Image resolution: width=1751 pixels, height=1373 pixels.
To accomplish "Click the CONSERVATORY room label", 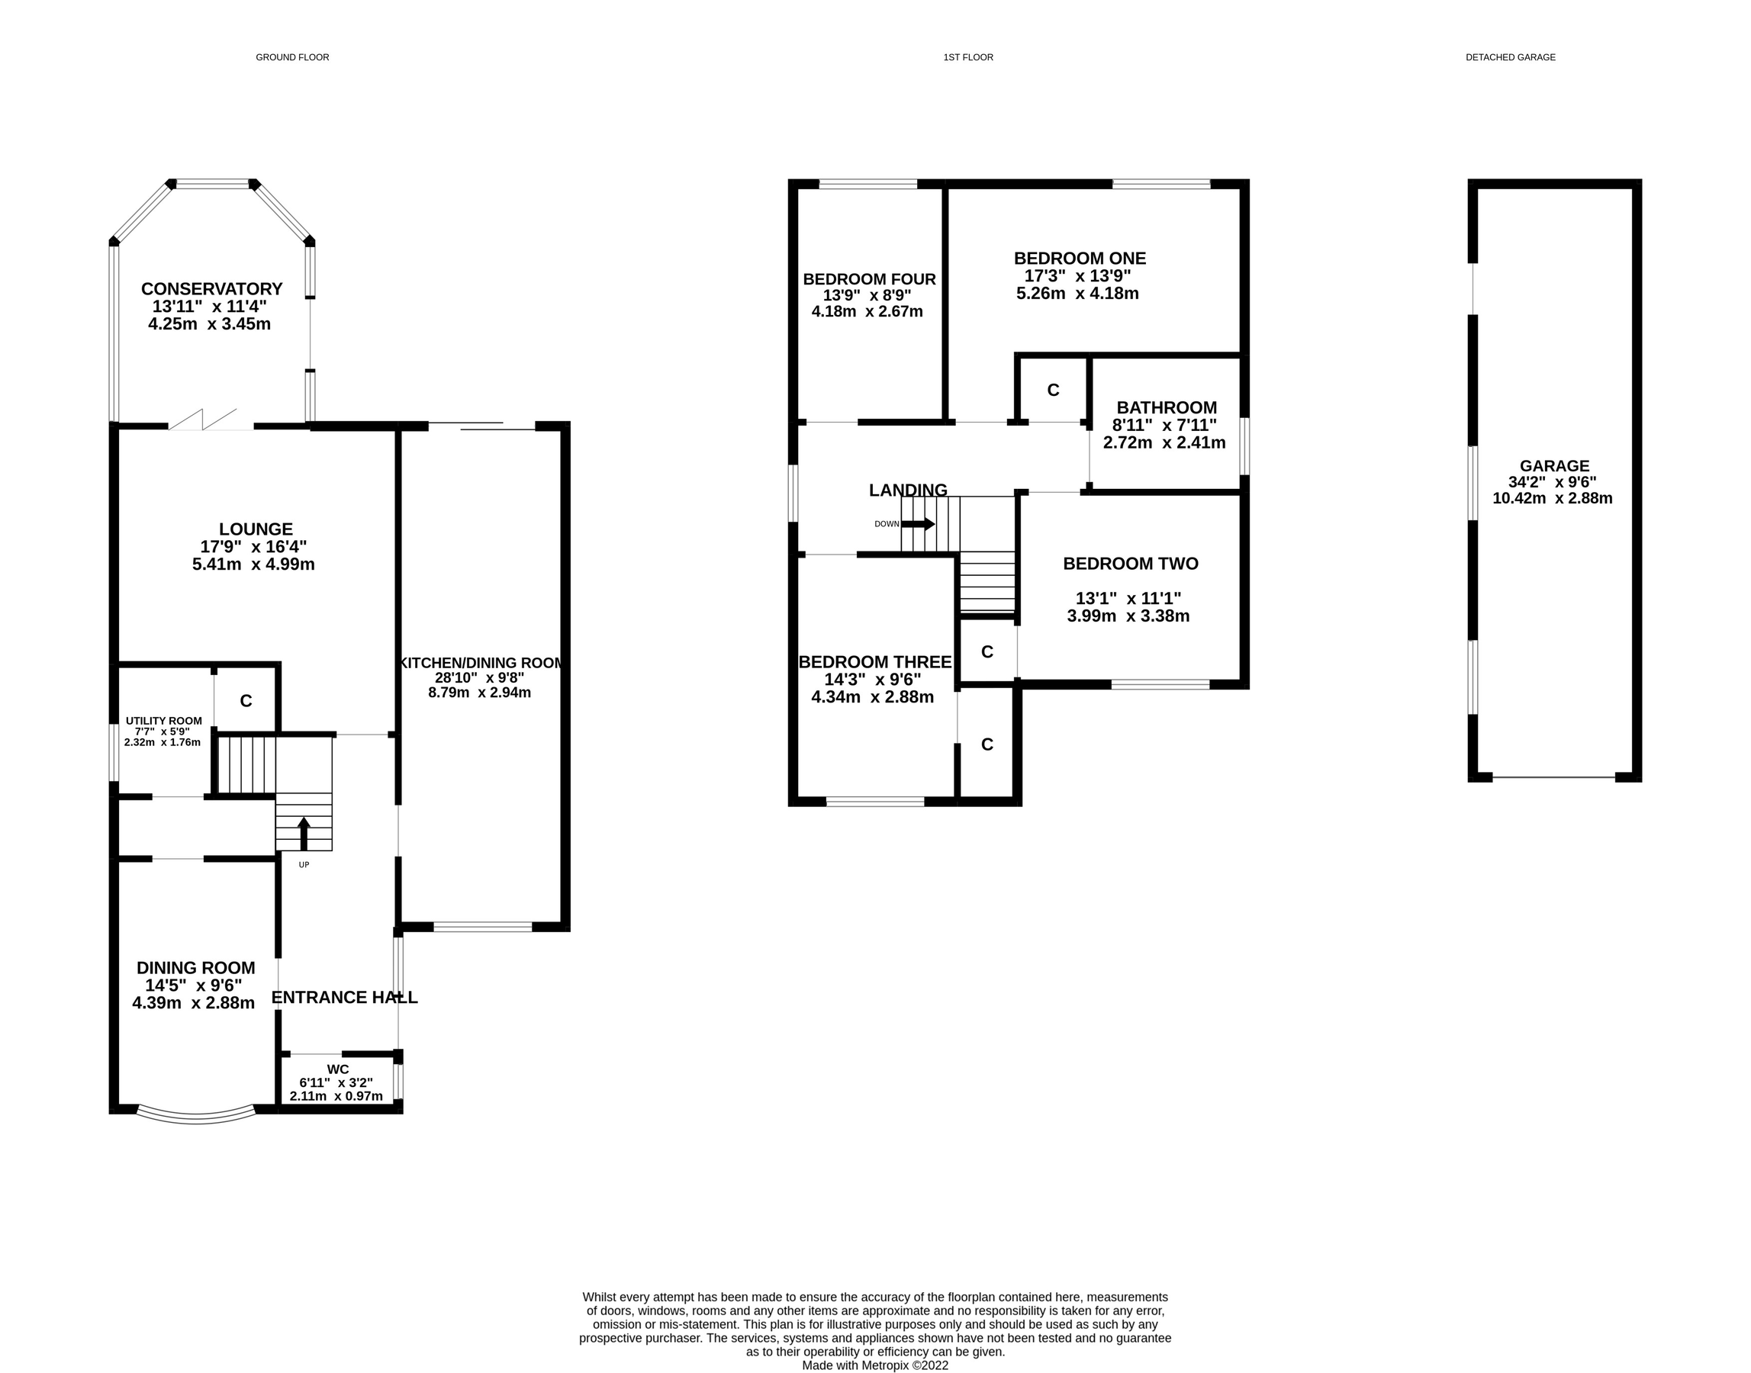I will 211,288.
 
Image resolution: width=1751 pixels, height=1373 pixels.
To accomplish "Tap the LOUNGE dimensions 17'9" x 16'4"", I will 253,547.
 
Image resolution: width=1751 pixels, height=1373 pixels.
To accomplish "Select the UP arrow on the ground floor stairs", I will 304,834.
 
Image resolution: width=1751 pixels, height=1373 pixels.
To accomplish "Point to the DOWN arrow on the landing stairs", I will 917,524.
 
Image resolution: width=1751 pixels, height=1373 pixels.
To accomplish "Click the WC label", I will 338,1069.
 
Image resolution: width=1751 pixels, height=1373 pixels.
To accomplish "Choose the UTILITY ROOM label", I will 163,721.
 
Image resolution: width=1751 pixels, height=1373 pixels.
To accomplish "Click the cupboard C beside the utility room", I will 246,701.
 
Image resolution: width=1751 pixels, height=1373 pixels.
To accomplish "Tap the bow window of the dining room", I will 196,1116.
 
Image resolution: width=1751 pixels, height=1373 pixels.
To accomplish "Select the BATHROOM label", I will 1166,407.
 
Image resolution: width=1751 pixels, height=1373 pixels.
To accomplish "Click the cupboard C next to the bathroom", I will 1052,390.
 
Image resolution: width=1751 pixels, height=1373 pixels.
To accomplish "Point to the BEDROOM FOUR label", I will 869,280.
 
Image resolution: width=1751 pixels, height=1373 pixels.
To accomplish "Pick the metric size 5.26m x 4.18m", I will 1077,294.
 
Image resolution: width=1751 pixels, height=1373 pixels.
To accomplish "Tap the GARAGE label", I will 1554,465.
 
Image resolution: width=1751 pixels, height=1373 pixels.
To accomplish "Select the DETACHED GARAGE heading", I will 1510,57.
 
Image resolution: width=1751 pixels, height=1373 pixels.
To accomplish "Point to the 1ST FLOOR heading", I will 968,57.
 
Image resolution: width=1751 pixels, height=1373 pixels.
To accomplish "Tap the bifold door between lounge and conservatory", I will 205,420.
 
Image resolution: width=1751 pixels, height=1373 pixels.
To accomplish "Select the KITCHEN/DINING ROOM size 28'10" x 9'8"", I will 479,677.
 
